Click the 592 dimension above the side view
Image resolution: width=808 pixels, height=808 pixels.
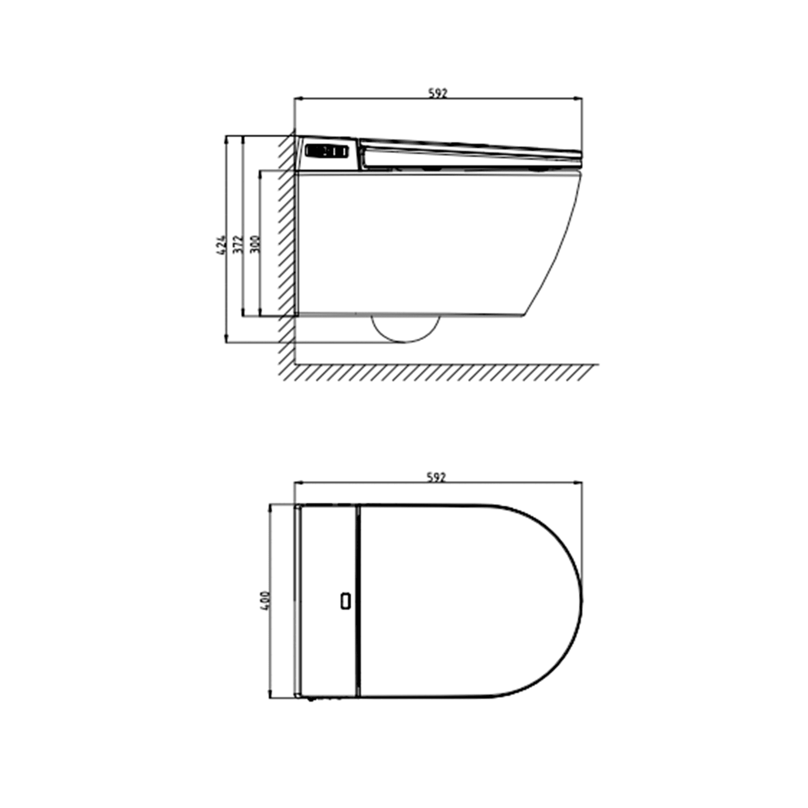438,93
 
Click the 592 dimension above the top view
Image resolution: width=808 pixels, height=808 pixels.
437,477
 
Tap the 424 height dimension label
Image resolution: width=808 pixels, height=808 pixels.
220,245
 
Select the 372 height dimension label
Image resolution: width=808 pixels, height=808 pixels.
238,245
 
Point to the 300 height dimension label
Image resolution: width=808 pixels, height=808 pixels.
256,244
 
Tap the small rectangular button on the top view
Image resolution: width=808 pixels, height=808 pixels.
346,602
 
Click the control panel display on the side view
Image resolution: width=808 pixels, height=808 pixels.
326,152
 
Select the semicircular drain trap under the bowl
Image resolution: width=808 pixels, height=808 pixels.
405,329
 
